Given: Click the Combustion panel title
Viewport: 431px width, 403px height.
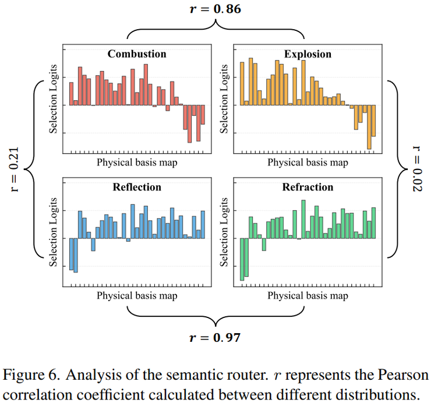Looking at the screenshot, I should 137,54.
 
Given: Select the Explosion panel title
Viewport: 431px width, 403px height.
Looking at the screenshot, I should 308,54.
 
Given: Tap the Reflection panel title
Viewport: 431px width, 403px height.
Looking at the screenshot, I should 137,187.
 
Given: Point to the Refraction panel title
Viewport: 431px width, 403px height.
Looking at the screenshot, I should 308,187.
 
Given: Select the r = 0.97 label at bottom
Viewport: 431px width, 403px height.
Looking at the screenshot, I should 216,338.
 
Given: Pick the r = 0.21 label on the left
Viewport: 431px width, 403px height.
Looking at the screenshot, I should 16,169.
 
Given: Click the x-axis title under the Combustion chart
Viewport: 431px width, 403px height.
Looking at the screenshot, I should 137,162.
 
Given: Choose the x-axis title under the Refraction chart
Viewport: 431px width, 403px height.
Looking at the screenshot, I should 308,295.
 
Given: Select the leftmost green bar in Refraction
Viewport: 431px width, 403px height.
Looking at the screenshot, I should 242,259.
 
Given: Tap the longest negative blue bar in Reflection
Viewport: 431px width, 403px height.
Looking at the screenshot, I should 76,255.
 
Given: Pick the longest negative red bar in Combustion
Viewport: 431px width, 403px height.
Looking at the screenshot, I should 189,123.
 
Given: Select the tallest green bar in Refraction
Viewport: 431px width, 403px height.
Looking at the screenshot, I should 303,220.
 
